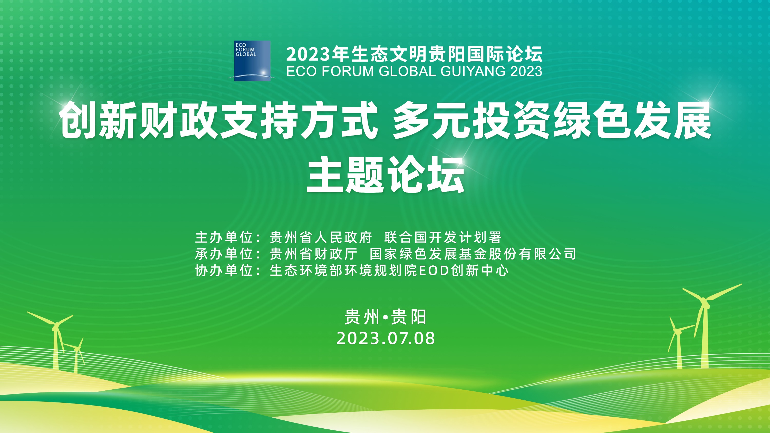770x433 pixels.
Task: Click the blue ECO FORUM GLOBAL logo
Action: pos(252,61)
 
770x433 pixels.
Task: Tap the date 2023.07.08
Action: pos(385,339)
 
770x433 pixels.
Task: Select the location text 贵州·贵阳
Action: pos(385,317)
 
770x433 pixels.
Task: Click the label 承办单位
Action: pos(224,254)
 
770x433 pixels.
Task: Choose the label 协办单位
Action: pos(224,271)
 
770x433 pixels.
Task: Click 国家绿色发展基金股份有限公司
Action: pos(473,254)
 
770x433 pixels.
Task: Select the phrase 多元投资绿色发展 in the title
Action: pos(552,120)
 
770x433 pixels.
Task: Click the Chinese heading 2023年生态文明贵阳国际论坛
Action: pos(414,54)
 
